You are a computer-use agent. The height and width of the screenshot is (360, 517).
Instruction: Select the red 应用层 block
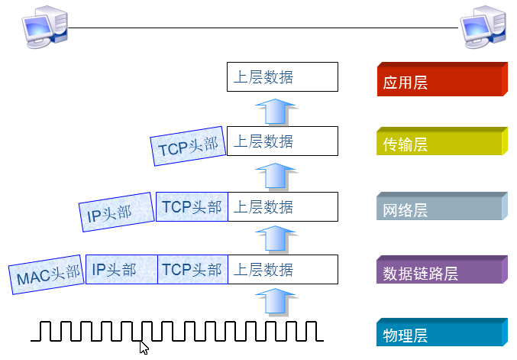pyautogui.click(x=441, y=81)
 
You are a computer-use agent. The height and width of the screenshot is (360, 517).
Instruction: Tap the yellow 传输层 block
pyautogui.click(x=441, y=144)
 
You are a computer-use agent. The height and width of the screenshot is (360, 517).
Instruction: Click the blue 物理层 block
pyautogui.click(x=441, y=335)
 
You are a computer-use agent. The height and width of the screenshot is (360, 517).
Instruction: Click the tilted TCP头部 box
pyautogui.click(x=189, y=146)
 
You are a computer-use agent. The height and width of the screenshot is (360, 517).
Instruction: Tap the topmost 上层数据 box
pyautogui.click(x=283, y=77)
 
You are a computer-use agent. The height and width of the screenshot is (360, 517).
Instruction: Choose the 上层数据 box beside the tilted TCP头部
pyautogui.click(x=283, y=141)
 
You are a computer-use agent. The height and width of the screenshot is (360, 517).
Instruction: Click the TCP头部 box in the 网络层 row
pyautogui.click(x=192, y=206)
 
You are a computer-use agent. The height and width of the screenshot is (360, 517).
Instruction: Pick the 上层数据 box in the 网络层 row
pyautogui.click(x=283, y=206)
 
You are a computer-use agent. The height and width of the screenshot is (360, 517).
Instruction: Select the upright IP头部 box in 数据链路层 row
pyautogui.click(x=121, y=270)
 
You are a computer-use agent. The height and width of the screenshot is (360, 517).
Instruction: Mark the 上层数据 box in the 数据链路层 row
pyautogui.click(x=283, y=270)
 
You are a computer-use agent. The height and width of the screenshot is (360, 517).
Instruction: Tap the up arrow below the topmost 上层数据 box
pyautogui.click(x=274, y=110)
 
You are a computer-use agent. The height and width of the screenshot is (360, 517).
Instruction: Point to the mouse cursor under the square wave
pyautogui.click(x=144, y=348)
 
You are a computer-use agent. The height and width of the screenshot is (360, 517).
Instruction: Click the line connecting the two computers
pyautogui.click(x=263, y=28)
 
